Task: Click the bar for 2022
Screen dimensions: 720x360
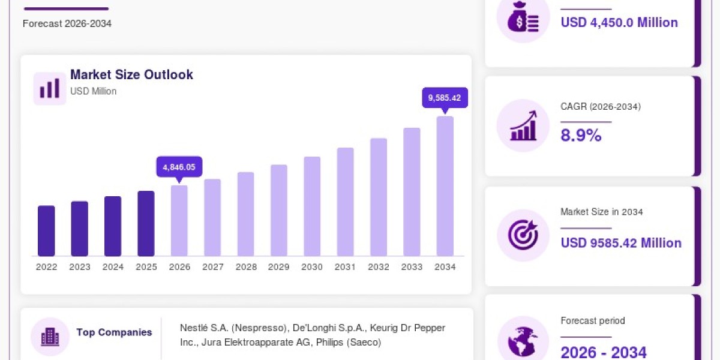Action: click(x=46, y=231)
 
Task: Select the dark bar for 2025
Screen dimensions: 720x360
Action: click(x=146, y=223)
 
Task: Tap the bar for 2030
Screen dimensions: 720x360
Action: click(x=312, y=206)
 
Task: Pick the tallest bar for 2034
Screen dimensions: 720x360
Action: click(x=445, y=186)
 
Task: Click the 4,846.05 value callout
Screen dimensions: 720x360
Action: click(x=179, y=167)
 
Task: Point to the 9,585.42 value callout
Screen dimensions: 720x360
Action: click(x=445, y=98)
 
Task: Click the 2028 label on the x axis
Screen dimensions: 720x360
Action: click(x=246, y=267)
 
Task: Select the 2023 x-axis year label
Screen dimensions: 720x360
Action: click(x=80, y=267)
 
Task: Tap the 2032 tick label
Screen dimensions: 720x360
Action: click(x=379, y=267)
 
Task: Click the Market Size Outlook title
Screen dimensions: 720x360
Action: click(x=131, y=74)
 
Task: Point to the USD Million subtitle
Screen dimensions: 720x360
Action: click(x=93, y=91)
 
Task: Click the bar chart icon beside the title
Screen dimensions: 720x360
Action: click(x=50, y=88)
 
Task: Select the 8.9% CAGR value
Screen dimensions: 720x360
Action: click(x=581, y=135)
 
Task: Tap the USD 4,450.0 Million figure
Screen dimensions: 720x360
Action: click(x=619, y=23)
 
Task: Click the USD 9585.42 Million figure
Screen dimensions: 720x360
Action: click(x=621, y=243)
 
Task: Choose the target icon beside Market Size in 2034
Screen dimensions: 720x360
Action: click(x=523, y=235)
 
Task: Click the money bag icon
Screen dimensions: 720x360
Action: click(x=523, y=17)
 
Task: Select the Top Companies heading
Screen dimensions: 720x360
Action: click(x=114, y=332)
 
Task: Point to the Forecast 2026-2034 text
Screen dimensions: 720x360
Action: click(x=67, y=23)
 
